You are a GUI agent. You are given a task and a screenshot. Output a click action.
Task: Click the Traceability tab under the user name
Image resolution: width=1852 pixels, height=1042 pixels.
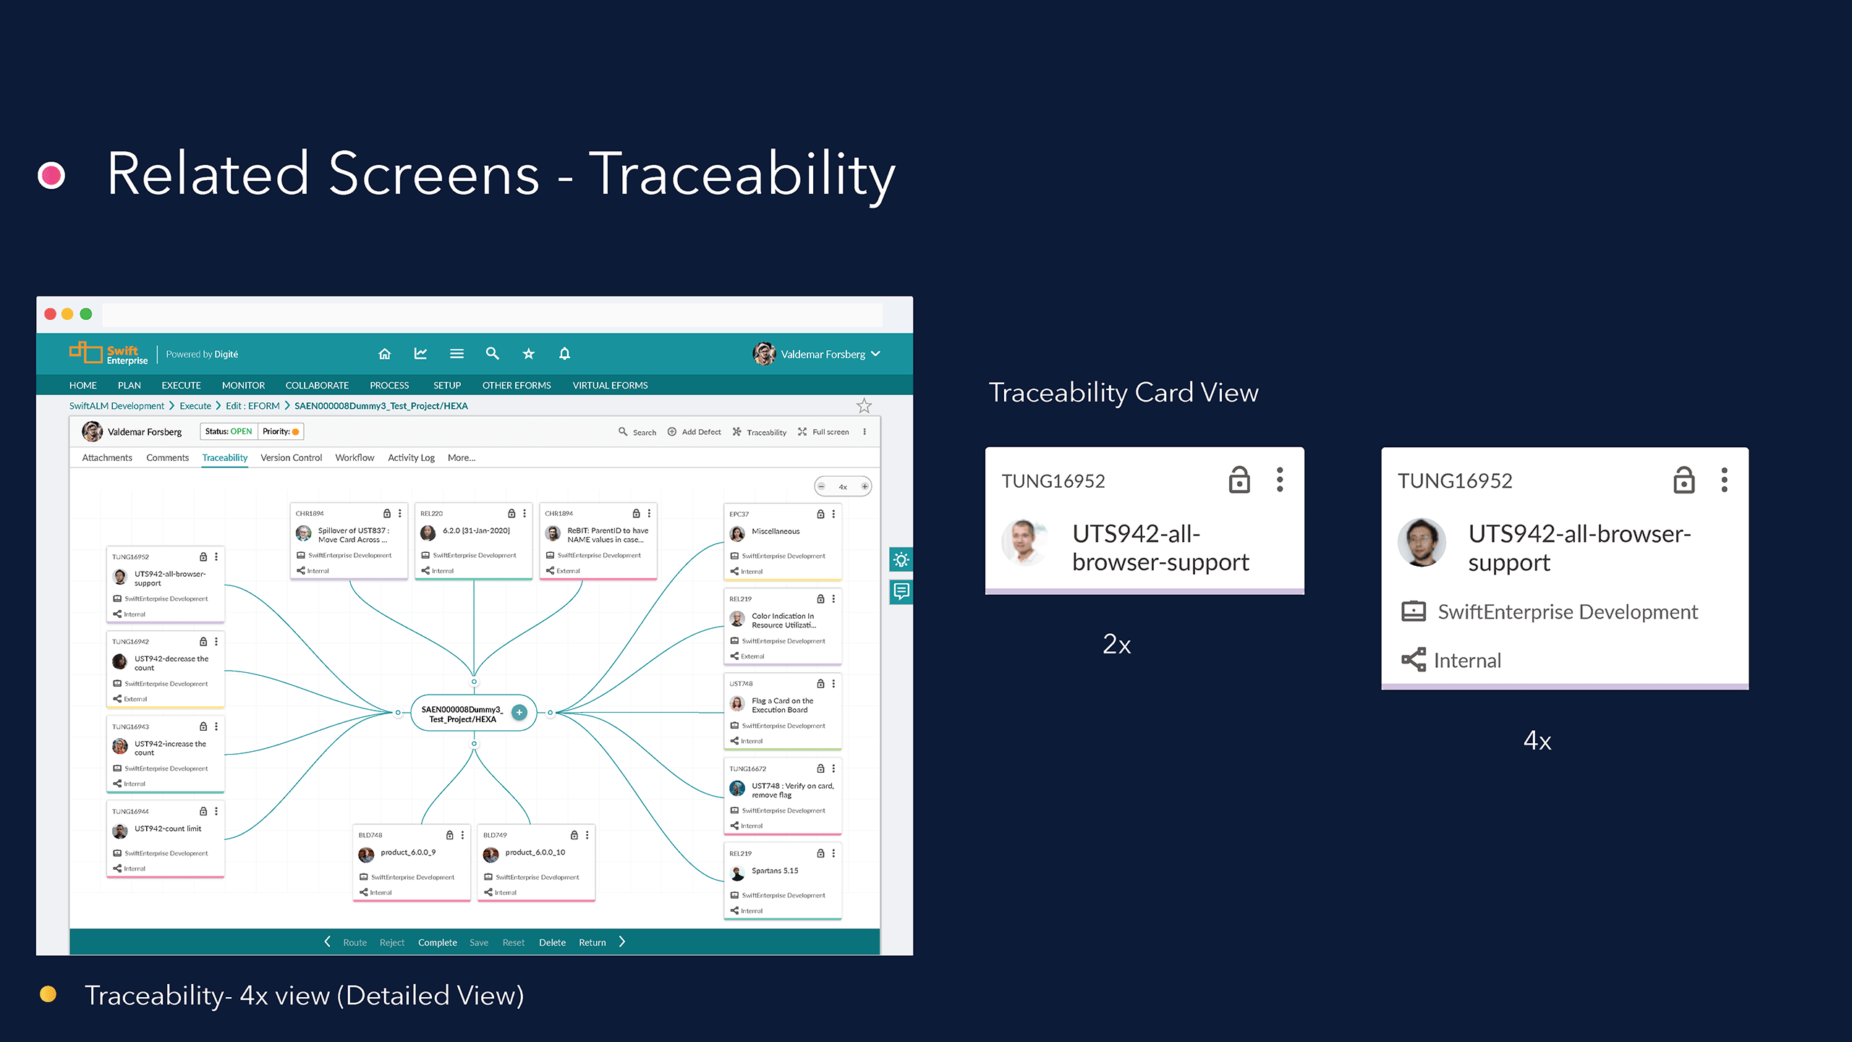tap(224, 457)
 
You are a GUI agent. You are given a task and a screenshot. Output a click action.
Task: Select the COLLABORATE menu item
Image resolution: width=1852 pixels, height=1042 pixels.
tap(317, 385)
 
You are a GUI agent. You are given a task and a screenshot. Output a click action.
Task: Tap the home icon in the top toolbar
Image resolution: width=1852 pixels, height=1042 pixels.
tap(385, 354)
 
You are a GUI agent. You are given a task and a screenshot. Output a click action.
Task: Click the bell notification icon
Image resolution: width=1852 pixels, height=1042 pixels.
tap(564, 354)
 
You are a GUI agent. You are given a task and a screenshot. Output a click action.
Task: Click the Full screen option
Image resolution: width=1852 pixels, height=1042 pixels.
tap(824, 432)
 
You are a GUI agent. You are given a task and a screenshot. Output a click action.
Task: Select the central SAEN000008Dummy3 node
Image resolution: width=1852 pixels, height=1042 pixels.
tap(463, 713)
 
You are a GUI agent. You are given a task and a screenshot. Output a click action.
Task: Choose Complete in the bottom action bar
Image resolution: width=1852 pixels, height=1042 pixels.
tap(437, 942)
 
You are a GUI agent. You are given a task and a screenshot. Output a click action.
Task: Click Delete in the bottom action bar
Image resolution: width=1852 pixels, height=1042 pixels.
tap(552, 942)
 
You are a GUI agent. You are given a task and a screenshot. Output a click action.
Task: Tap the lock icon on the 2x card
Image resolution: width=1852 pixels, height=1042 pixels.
tap(1239, 480)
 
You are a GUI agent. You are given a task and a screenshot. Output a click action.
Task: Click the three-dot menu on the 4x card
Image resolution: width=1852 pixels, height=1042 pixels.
tap(1724, 480)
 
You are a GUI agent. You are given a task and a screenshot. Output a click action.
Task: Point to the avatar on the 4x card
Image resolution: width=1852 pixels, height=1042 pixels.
tap(1422, 543)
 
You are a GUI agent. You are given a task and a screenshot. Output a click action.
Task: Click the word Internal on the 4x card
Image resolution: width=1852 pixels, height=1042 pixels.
tap(1466, 660)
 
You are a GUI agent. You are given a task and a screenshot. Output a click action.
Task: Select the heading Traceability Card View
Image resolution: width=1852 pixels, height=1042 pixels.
tap(1123, 393)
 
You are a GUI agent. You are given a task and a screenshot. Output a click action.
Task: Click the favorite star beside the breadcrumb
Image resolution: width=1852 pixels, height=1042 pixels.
tap(864, 406)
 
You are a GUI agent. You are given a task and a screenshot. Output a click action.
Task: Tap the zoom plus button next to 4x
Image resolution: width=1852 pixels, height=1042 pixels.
tap(865, 486)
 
